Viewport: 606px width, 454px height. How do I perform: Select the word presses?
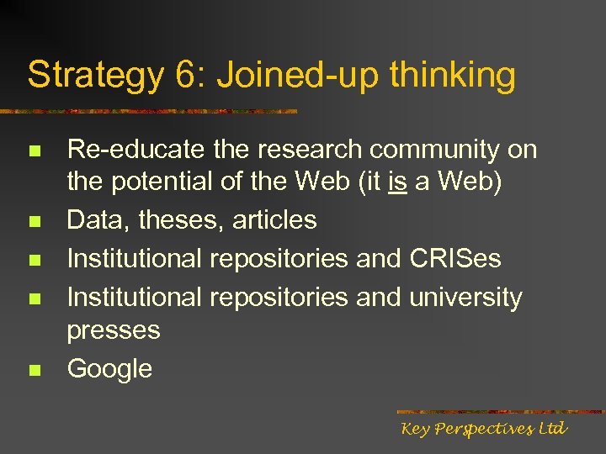click(x=114, y=330)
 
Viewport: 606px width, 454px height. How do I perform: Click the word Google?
click(x=109, y=369)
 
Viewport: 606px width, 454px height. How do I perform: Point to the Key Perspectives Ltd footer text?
click(x=484, y=429)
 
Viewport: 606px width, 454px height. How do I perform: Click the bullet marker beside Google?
click(x=34, y=371)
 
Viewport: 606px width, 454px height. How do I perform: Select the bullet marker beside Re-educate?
click(x=34, y=152)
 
